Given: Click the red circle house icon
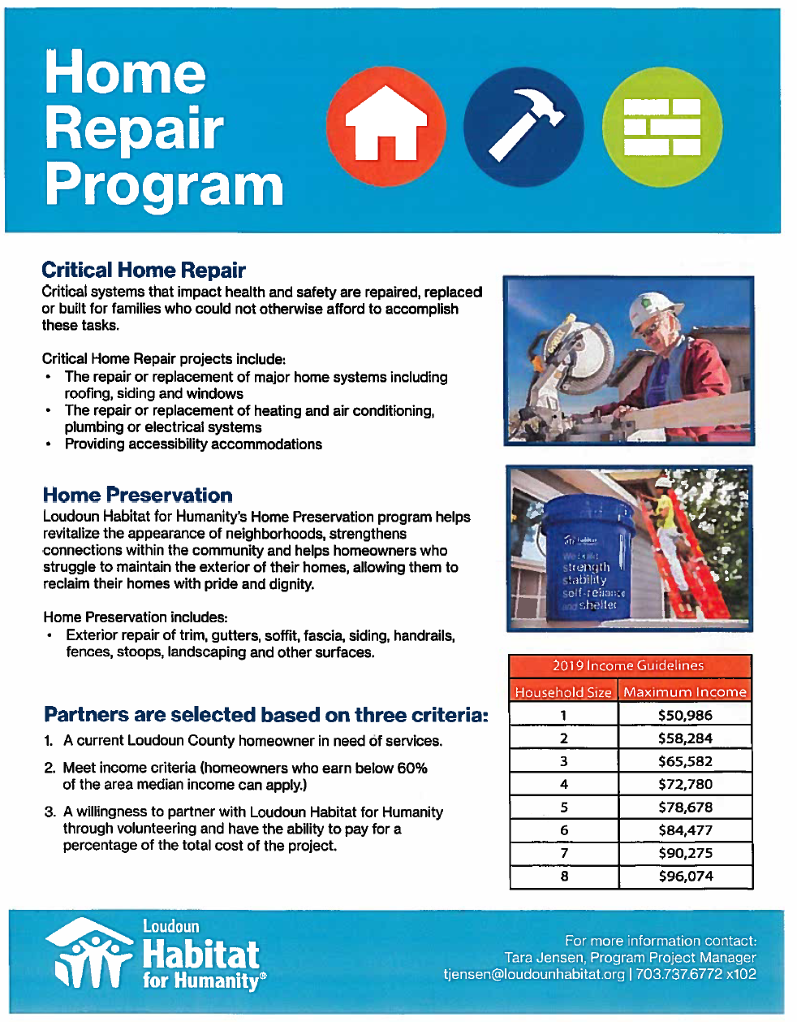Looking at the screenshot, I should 386,127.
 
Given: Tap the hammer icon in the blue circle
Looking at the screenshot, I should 523,127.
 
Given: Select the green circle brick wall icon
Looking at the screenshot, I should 662,127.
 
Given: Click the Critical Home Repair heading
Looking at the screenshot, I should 144,271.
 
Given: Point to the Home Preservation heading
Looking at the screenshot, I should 137,496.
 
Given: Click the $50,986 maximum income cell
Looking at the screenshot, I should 685,716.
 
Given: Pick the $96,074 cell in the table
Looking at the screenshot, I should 685,877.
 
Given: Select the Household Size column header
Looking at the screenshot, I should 563,692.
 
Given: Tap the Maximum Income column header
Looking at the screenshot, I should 685,692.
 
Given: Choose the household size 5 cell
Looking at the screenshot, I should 564,808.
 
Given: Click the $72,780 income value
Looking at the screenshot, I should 685,785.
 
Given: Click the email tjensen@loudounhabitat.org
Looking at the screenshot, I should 534,974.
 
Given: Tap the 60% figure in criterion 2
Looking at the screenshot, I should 412,769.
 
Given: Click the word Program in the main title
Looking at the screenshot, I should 164,185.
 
